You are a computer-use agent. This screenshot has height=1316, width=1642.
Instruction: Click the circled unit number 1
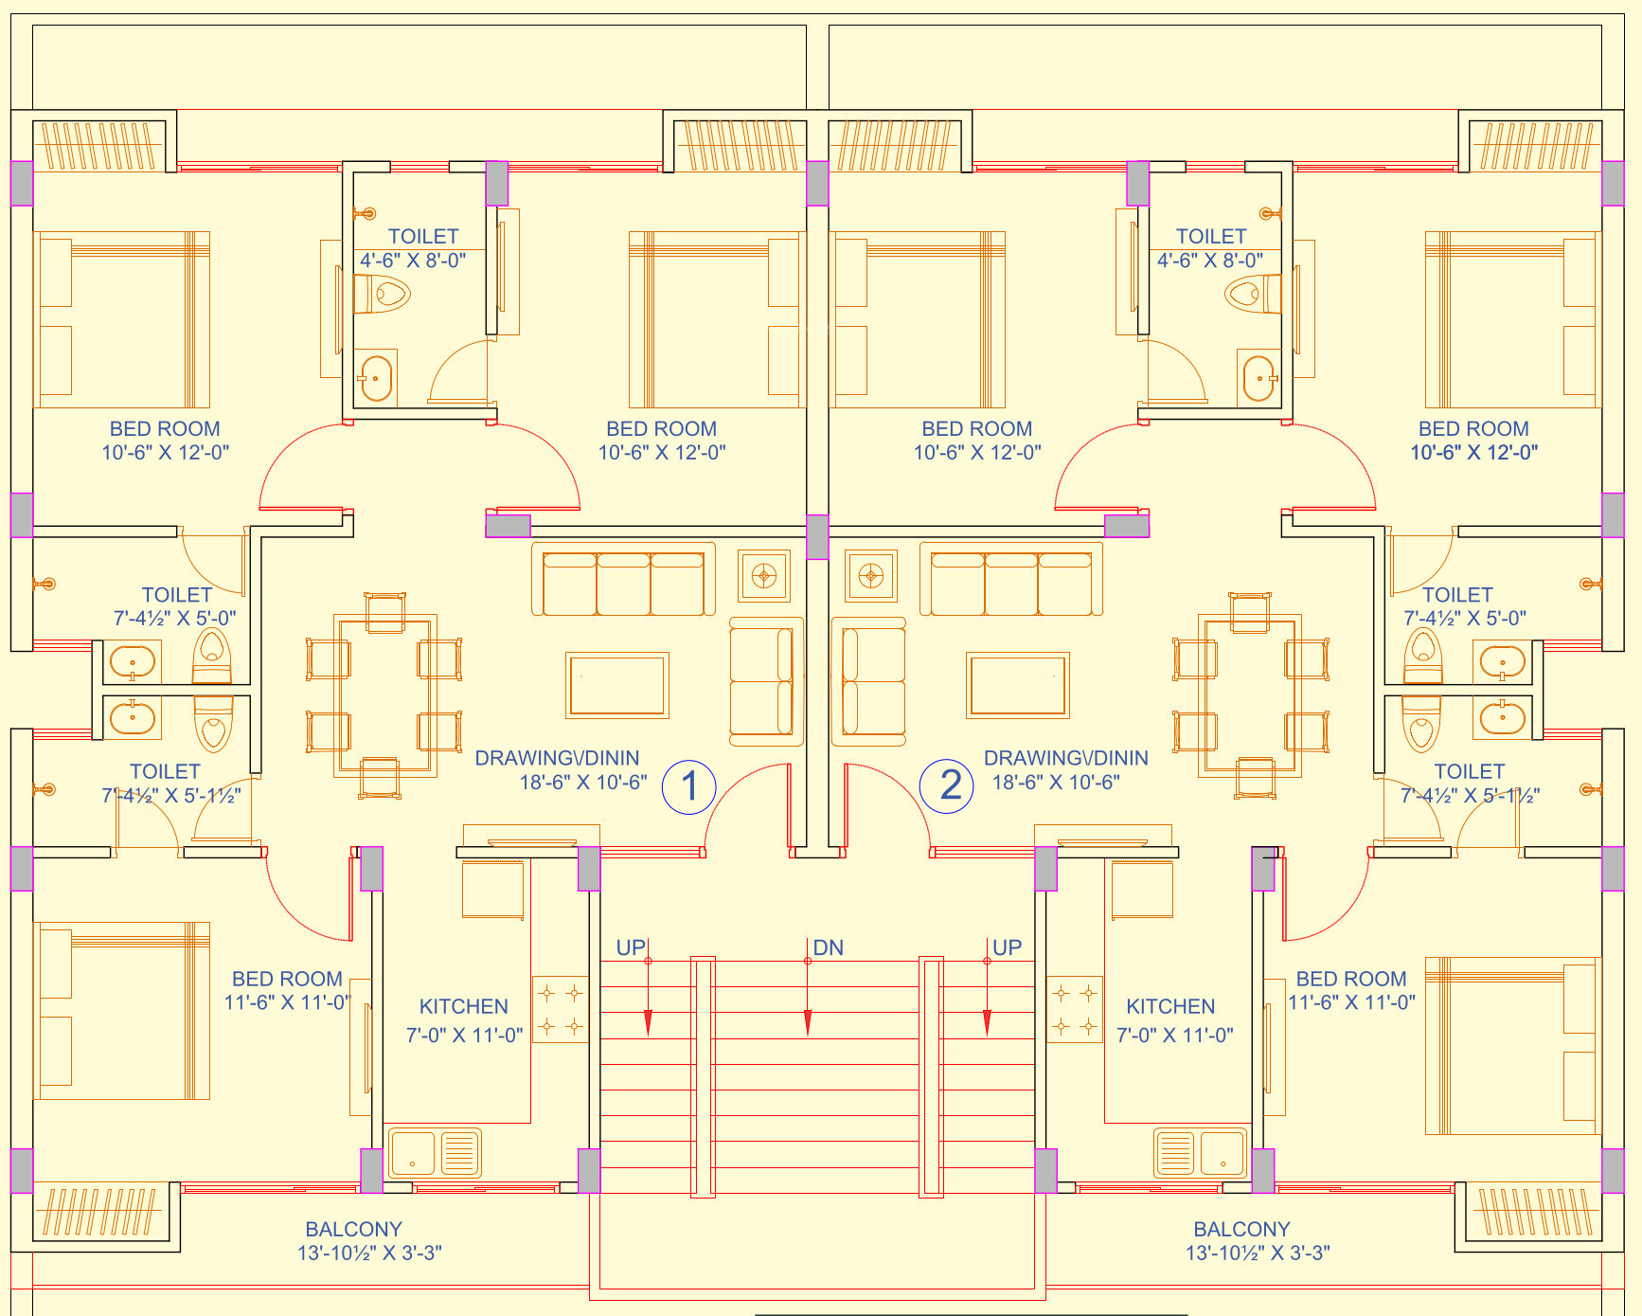pyautogui.click(x=689, y=786)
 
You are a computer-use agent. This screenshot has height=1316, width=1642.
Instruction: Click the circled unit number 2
pyautogui.click(x=948, y=786)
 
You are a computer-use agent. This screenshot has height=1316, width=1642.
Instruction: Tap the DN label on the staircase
pyautogui.click(x=828, y=947)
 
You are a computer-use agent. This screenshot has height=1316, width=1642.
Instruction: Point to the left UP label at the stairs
pyautogui.click(x=631, y=947)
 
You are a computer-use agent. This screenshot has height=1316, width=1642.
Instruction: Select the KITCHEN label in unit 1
pyautogui.click(x=463, y=1006)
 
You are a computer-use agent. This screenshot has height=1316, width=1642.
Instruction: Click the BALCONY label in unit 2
pyautogui.click(x=1241, y=1229)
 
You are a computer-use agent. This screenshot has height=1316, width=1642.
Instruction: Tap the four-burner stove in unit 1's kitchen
pyautogui.click(x=561, y=1010)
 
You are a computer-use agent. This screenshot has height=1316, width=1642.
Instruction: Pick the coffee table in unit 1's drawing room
pyautogui.click(x=617, y=685)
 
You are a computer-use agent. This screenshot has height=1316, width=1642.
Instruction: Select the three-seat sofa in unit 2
pyautogui.click(x=1011, y=579)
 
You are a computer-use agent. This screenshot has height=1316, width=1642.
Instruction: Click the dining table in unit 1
pyautogui.click(x=384, y=695)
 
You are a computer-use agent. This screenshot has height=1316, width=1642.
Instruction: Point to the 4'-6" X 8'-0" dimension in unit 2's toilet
pyautogui.click(x=1210, y=261)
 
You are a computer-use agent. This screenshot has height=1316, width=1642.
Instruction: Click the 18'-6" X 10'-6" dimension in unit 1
pyautogui.click(x=583, y=783)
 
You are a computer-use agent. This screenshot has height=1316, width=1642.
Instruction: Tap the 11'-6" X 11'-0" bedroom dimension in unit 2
pyautogui.click(x=1351, y=1002)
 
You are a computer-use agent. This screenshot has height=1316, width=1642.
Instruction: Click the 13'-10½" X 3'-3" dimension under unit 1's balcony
pyautogui.click(x=369, y=1253)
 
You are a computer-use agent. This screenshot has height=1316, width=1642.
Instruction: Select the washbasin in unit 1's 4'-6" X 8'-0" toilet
pyautogui.click(x=376, y=378)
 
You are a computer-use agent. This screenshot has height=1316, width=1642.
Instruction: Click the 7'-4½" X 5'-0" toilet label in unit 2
pyautogui.click(x=1464, y=619)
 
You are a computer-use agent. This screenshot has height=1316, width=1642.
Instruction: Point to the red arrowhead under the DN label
pyautogui.click(x=808, y=1022)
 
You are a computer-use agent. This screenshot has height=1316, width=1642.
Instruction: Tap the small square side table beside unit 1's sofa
pyautogui.click(x=764, y=575)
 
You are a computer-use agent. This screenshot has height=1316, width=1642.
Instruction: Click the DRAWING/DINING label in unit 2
pyautogui.click(x=1065, y=758)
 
